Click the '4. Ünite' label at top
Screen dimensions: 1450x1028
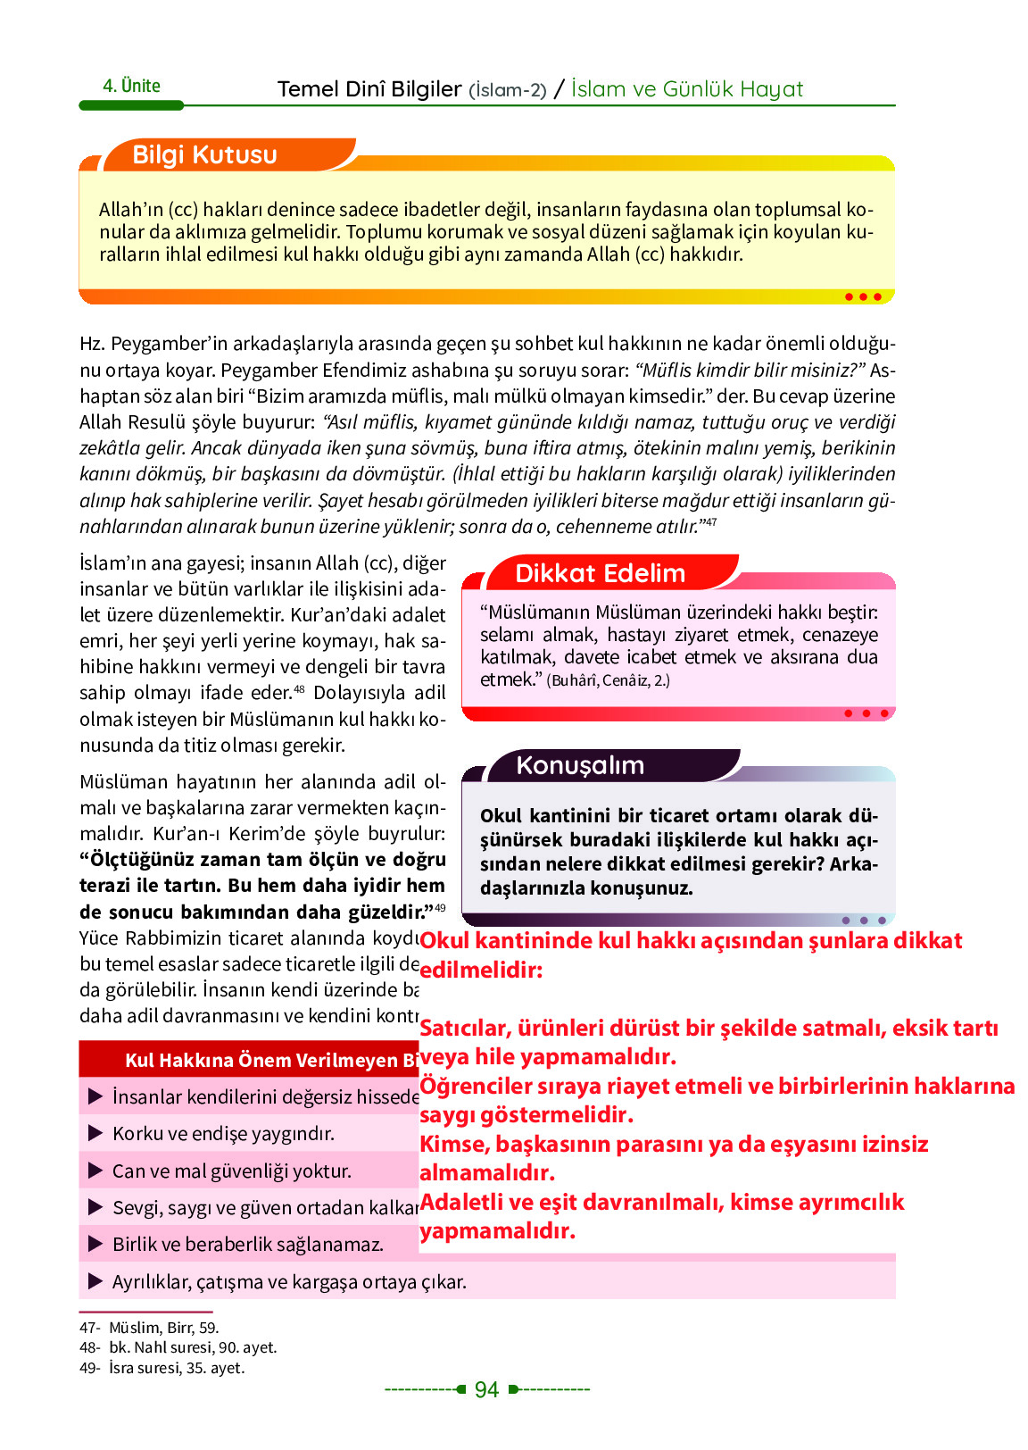tap(131, 86)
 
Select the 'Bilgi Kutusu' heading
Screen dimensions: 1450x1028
tap(204, 154)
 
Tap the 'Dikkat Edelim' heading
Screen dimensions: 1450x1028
tap(600, 573)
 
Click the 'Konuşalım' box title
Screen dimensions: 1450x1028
tap(580, 765)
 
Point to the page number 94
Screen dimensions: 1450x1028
tap(486, 1389)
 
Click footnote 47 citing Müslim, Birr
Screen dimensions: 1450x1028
tap(149, 1328)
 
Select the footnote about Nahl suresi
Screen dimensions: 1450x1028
tap(178, 1347)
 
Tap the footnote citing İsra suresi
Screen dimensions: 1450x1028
tap(162, 1368)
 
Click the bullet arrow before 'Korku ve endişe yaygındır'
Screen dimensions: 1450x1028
tap(95, 1134)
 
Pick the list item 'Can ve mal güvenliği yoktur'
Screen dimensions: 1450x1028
tap(232, 1171)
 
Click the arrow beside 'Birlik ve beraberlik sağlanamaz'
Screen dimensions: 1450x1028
tap(95, 1244)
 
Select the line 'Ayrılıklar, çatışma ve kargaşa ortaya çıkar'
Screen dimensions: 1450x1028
tap(289, 1281)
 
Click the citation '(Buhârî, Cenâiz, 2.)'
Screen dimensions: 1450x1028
tap(608, 680)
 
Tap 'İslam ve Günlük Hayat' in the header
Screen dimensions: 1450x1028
tap(687, 89)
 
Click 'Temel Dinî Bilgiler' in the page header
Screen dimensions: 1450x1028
tap(369, 89)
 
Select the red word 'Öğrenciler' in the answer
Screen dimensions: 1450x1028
tap(473, 1086)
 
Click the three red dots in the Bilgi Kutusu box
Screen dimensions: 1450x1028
tap(863, 296)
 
